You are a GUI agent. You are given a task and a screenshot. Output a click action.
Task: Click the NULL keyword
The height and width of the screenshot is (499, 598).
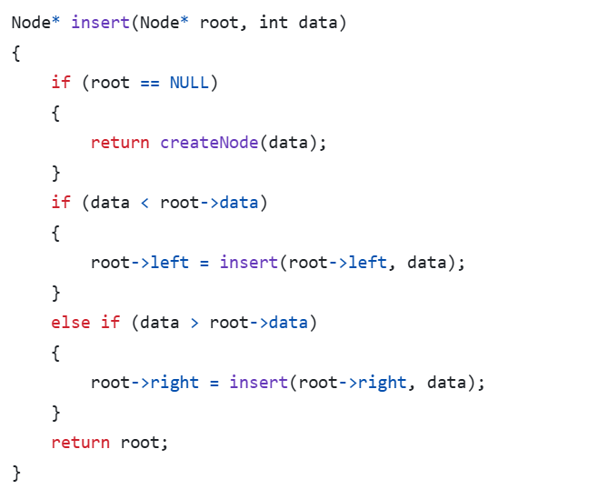[189, 83]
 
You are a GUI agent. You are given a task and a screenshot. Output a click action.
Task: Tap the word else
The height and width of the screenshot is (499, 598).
[71, 323]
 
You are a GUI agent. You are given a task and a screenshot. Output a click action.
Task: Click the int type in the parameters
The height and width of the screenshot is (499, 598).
[274, 23]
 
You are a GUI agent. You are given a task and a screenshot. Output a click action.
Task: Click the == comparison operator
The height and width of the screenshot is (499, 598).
[150, 83]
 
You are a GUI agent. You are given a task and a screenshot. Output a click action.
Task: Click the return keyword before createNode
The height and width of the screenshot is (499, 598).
[120, 143]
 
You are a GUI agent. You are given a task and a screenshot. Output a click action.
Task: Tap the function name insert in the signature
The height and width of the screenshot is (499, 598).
[100, 23]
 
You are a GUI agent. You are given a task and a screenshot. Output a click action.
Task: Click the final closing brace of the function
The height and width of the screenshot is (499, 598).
[15, 473]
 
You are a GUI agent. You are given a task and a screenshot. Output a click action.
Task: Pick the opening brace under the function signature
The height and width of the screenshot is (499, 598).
[15, 53]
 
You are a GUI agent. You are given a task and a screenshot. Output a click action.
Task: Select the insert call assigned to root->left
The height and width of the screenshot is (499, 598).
[249, 263]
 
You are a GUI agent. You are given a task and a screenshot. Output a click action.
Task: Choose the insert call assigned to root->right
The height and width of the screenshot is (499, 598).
[259, 383]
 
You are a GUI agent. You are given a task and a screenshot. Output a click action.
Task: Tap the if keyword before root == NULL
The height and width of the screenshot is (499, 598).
[61, 83]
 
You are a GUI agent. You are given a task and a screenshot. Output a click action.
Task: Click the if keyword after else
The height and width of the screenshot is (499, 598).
[110, 323]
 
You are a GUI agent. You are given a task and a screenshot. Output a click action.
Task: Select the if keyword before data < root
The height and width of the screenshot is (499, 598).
[61, 203]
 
